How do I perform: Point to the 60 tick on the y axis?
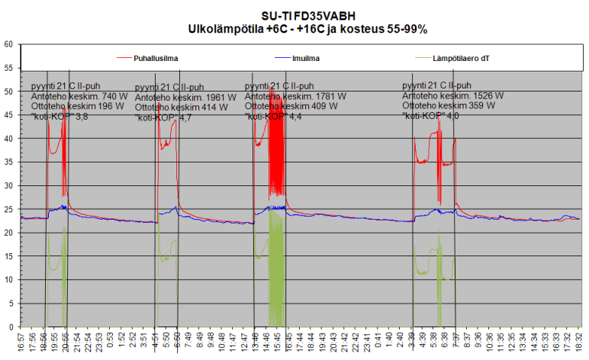pyautogui.click(x=8, y=44)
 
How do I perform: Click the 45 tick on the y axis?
pyautogui.click(x=8, y=115)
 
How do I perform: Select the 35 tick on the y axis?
pyautogui.click(x=8, y=162)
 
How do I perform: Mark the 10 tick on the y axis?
pyautogui.click(x=8, y=280)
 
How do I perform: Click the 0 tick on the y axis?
pyautogui.click(x=11, y=327)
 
